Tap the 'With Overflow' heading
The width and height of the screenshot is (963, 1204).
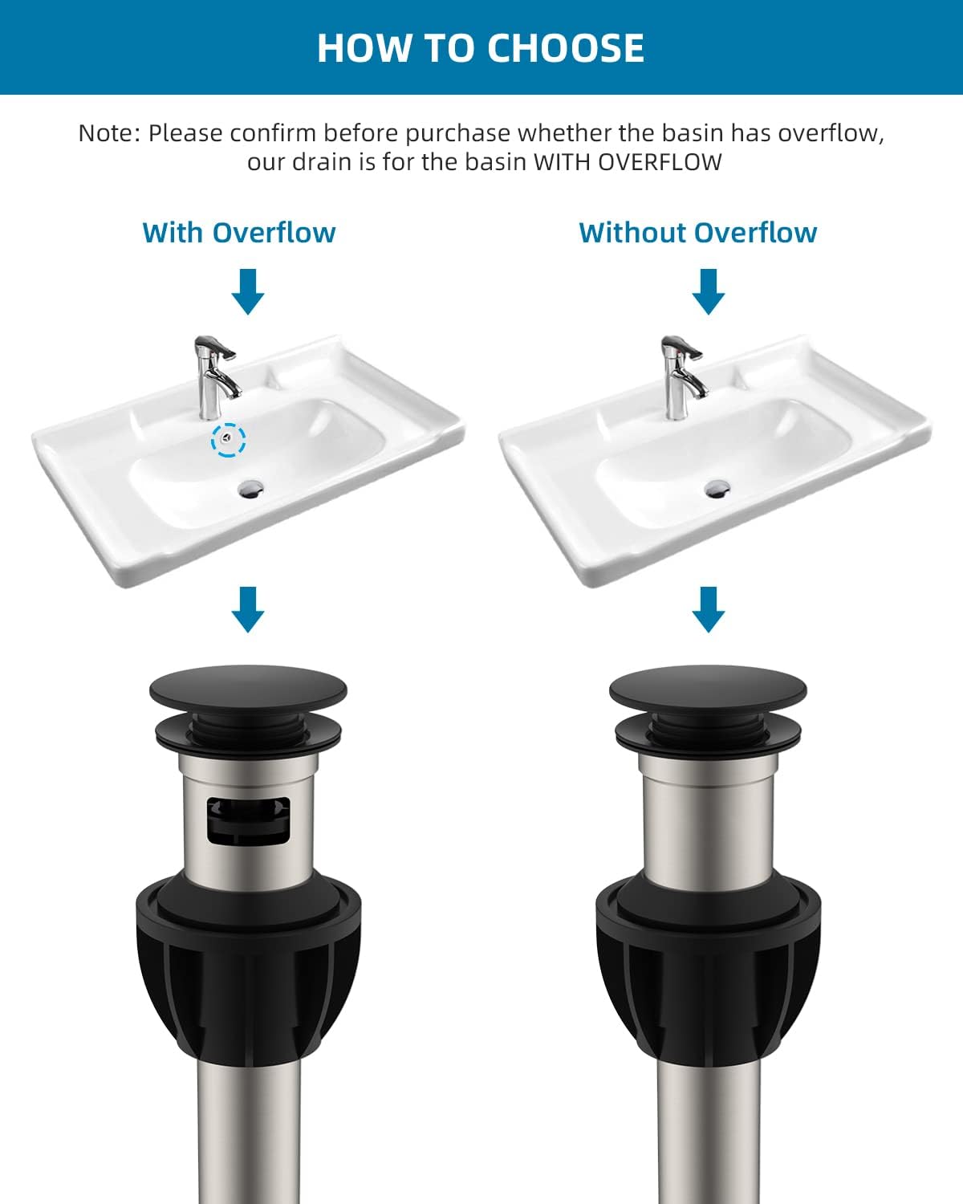click(x=239, y=233)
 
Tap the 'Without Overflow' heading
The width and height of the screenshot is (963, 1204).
click(x=697, y=233)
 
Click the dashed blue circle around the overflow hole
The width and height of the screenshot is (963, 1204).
click(x=229, y=439)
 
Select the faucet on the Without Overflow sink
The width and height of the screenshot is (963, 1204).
click(x=681, y=376)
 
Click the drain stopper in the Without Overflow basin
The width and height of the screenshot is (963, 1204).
click(x=717, y=486)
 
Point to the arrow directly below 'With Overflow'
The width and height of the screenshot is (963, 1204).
click(x=247, y=291)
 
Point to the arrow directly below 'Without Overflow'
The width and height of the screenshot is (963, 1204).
click(x=708, y=291)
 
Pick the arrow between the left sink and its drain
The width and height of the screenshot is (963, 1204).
click(x=247, y=608)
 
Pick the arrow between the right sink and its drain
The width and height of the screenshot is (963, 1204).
click(x=708, y=608)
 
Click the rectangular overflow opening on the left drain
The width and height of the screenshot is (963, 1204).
click(x=248, y=820)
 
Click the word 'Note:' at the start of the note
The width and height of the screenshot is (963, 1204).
click(x=109, y=132)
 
